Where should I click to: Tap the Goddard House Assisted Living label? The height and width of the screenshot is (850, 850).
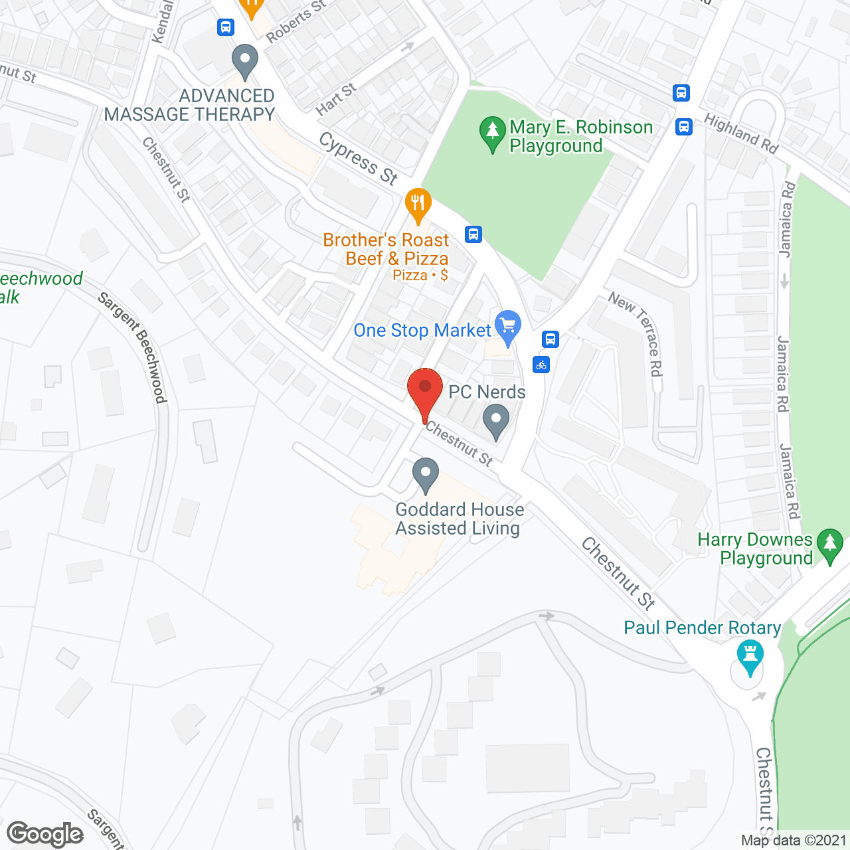click(459, 519)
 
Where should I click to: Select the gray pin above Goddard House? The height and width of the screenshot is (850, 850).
click(426, 475)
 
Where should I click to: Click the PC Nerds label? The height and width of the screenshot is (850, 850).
click(487, 392)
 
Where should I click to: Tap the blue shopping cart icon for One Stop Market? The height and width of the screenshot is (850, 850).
click(509, 327)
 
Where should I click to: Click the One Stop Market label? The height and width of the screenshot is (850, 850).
click(422, 330)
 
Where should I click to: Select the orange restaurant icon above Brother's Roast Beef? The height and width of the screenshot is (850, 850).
click(418, 205)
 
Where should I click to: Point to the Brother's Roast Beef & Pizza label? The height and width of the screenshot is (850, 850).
click(386, 250)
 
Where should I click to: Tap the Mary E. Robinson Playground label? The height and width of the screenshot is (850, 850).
click(580, 136)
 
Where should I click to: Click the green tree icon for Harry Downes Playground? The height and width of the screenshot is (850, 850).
click(829, 545)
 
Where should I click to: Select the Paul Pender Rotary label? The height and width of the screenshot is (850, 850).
click(702, 628)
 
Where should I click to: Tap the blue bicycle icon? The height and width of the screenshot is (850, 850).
click(541, 365)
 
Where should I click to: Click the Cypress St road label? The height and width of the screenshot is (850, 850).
click(359, 158)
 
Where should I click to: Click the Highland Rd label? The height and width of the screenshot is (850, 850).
click(741, 133)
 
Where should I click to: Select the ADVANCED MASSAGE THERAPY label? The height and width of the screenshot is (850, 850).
click(191, 105)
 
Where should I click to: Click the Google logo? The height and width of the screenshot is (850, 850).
click(45, 834)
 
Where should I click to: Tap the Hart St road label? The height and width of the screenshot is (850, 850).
click(336, 99)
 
